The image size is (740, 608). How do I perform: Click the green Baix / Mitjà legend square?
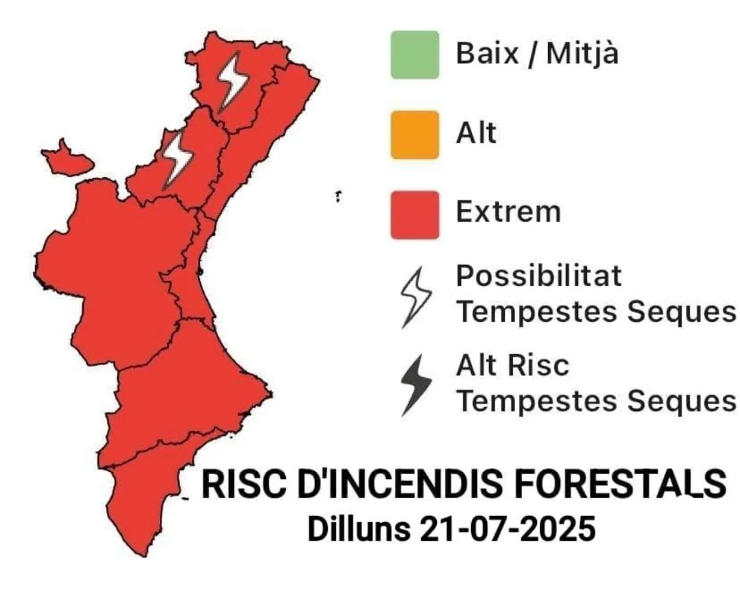[x=415, y=54]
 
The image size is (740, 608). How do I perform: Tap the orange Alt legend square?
[x=415, y=135]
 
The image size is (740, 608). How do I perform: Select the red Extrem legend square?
[x=415, y=215]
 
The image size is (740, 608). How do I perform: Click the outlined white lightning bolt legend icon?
[x=416, y=297]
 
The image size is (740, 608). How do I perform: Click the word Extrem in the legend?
[x=508, y=211]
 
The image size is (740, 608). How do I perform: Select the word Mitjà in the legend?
[x=582, y=54]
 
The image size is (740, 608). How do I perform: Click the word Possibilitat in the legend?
[x=538, y=276]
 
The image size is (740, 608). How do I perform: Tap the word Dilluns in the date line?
[x=359, y=528]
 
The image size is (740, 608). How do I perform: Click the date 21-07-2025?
[x=506, y=528]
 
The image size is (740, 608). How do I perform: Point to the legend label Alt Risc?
[x=512, y=365]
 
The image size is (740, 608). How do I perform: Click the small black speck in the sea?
[x=338, y=196]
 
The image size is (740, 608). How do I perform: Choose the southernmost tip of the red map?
[x=145, y=556]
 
